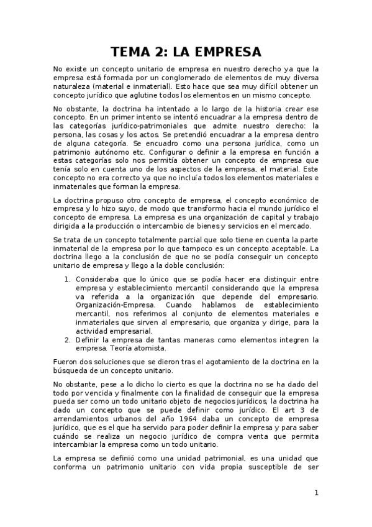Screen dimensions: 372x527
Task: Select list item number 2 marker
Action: pyautogui.click(x=68, y=339)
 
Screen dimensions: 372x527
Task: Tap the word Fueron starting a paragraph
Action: pyautogui.click(x=66, y=361)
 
